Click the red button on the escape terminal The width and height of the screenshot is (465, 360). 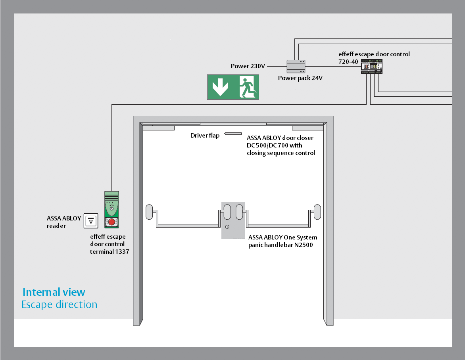(x=112, y=222)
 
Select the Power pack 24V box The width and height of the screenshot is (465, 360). (x=296, y=66)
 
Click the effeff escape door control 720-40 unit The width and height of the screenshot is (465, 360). (x=372, y=67)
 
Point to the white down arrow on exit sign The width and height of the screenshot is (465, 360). (x=220, y=87)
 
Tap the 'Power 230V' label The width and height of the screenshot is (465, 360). (x=248, y=66)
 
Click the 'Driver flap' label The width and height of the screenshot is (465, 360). (x=205, y=136)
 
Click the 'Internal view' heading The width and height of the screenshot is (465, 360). (x=54, y=293)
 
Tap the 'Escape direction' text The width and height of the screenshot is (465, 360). (x=59, y=304)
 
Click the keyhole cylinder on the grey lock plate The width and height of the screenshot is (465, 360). (x=227, y=227)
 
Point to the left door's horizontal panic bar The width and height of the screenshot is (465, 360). (x=189, y=226)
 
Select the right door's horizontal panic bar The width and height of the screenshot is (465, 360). (x=278, y=226)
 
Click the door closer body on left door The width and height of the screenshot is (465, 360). (x=158, y=128)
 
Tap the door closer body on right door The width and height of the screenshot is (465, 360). (x=307, y=128)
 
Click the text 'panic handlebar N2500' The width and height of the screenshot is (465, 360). (x=281, y=245)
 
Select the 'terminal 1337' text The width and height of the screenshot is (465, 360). (x=110, y=251)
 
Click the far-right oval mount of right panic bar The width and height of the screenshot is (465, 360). (x=317, y=211)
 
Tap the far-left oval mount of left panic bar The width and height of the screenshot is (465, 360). (x=149, y=211)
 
